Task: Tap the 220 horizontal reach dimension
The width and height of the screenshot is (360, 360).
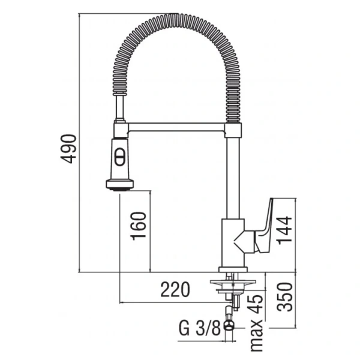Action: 175,290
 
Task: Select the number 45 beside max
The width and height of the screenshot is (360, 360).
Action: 256,303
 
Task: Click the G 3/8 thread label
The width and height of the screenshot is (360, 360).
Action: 199,328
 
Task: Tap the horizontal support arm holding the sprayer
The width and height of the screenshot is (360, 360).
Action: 177,127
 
